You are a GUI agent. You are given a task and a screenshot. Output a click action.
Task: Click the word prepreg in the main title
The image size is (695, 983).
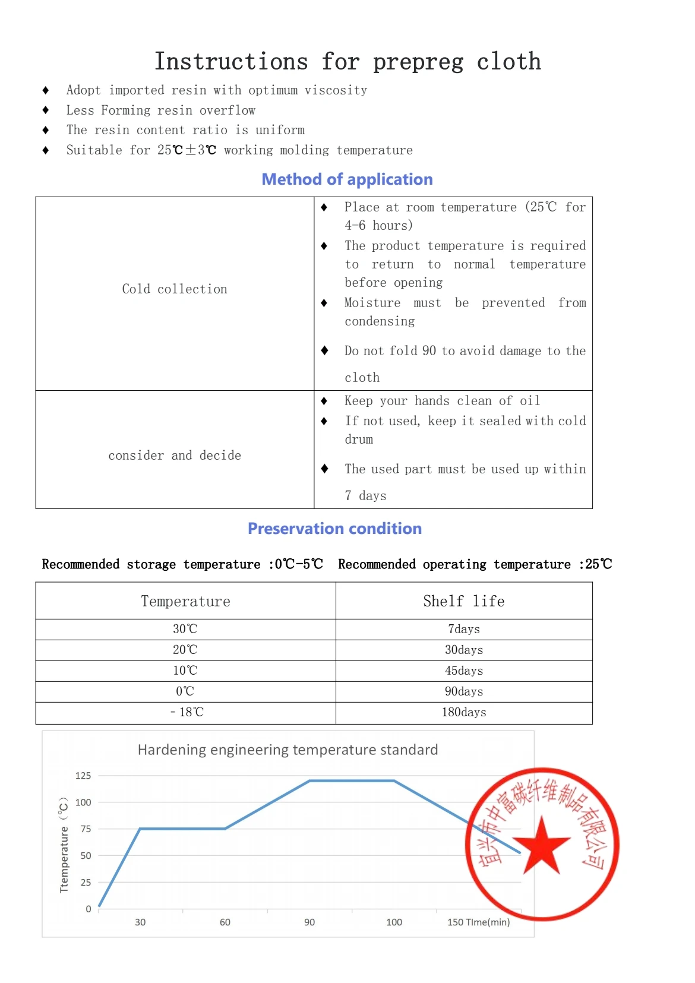[418, 62]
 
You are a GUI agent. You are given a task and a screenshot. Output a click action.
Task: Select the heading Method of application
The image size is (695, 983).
[347, 179]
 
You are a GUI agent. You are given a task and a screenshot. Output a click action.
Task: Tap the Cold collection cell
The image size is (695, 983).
[175, 289]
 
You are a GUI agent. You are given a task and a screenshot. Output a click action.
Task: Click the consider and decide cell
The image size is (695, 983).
[175, 456]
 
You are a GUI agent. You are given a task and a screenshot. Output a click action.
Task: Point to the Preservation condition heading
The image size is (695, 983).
[334, 529]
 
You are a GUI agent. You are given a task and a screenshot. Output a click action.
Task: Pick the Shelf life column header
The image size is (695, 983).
[463, 601]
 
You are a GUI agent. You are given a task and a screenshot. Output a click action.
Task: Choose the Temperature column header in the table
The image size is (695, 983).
[185, 601]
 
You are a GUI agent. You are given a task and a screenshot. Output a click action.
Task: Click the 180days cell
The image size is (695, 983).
[463, 712]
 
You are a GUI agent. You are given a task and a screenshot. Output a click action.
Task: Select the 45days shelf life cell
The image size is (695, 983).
[463, 671]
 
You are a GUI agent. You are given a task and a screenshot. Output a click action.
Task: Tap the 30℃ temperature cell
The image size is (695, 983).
[185, 629]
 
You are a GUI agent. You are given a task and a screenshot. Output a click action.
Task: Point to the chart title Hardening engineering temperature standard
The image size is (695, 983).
[288, 750]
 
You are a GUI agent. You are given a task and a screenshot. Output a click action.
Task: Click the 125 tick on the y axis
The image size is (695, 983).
[83, 776]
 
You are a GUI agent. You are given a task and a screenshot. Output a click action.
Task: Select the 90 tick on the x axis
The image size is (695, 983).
[309, 922]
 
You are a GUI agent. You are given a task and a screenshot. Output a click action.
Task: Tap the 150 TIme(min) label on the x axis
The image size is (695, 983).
[478, 922]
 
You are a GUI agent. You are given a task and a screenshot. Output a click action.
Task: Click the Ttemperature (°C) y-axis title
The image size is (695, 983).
[64, 845]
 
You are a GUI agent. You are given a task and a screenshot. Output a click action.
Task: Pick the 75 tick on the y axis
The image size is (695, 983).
[86, 829]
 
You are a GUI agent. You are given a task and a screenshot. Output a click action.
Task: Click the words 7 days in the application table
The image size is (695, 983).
[365, 496]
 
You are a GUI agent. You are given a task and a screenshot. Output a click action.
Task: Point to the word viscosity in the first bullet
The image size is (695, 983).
[336, 90]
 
